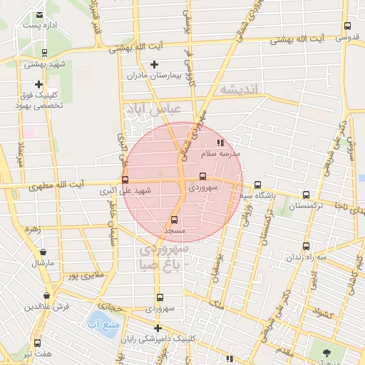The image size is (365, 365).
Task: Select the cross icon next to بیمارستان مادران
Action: pos(154,65)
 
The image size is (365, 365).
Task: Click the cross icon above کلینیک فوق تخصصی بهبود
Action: pos(38,84)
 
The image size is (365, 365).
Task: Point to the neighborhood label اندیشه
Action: pos(242,89)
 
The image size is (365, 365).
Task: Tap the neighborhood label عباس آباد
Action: pos(154,110)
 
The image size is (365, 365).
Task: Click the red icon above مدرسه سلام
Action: pos(220,143)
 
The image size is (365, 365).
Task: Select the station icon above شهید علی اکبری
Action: pos(125,180)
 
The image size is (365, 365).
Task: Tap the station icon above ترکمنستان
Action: pos(306,195)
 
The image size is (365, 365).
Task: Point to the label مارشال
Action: pos(43,263)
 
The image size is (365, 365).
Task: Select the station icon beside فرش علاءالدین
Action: pos(46,295)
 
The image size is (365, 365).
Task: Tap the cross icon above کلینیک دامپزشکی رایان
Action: pos(158,328)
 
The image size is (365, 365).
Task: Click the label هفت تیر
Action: pos(38,354)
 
